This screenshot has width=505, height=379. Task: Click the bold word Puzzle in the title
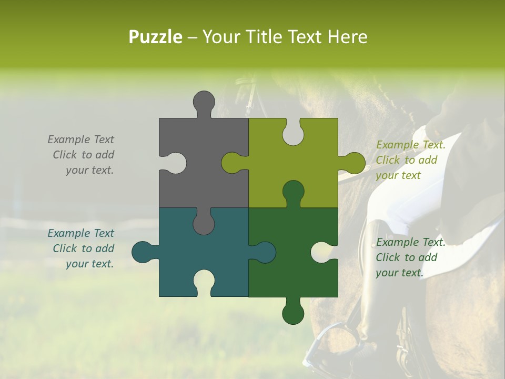[x=156, y=37]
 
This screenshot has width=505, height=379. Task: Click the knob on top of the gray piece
[x=204, y=102]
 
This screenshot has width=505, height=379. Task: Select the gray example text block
[x=81, y=155]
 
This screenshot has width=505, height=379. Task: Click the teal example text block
[x=81, y=248]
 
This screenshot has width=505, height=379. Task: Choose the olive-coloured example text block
[x=410, y=160]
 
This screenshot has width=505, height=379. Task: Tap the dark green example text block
[x=410, y=257]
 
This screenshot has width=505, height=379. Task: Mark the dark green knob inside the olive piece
[x=293, y=193]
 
